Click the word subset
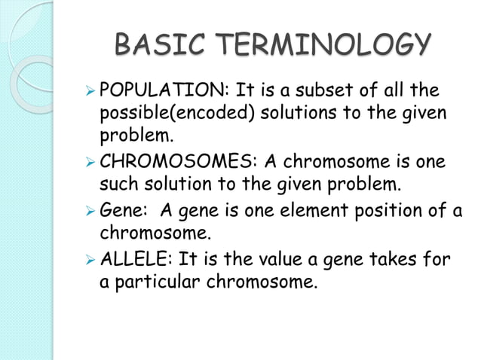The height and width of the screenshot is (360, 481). point(327,92)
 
